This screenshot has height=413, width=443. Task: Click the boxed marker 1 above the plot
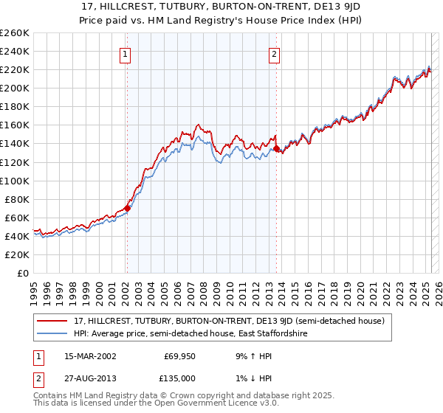[x=126, y=54]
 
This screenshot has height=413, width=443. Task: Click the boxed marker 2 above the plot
[x=274, y=54]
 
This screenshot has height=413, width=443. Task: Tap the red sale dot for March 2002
[x=127, y=208]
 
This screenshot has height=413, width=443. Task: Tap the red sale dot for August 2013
[x=276, y=148]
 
